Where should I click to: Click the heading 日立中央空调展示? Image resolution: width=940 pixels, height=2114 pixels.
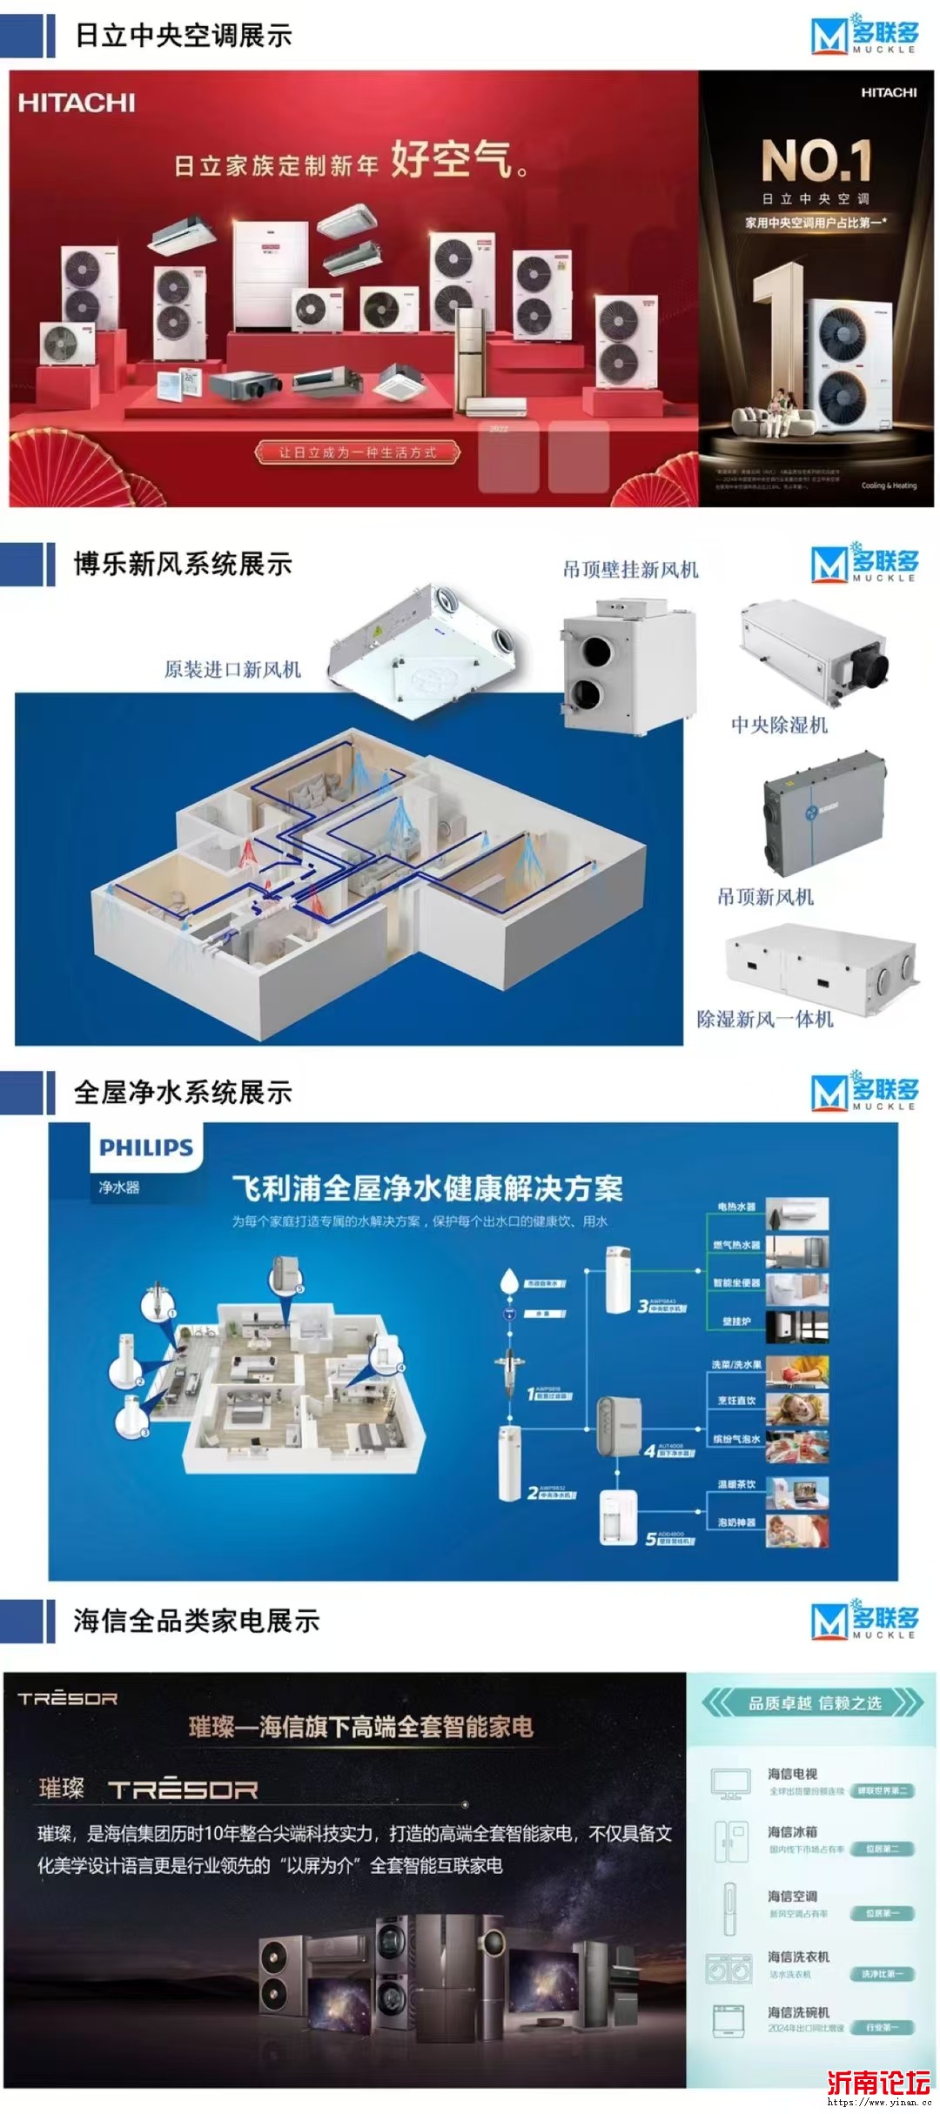click(x=183, y=35)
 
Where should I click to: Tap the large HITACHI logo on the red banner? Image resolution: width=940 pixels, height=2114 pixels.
click(x=77, y=103)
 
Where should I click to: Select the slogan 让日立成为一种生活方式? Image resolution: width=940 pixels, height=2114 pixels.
click(x=357, y=452)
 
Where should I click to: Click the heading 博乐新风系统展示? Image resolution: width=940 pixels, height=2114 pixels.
click(x=183, y=564)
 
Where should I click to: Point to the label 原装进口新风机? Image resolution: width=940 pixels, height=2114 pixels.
click(x=232, y=669)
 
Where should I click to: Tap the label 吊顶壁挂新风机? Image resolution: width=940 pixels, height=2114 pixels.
click(x=630, y=570)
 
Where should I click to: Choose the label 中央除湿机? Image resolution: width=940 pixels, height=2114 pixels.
click(x=779, y=725)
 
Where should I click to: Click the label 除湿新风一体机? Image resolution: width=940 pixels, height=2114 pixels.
click(x=765, y=1019)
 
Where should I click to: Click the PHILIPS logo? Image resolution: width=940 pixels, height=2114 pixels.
click(x=146, y=1147)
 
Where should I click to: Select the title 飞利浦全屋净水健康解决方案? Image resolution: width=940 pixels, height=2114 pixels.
click(x=427, y=1189)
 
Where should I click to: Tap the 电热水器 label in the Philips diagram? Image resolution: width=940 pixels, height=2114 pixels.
click(x=736, y=1208)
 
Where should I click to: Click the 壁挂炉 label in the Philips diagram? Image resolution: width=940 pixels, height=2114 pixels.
click(x=736, y=1321)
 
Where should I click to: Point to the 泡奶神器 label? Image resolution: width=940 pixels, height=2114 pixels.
click(x=736, y=1522)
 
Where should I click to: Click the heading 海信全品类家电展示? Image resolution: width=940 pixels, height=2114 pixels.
click(x=197, y=1621)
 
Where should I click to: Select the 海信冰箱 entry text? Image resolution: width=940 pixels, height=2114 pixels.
click(x=792, y=1830)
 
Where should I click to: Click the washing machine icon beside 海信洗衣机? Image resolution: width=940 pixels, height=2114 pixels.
click(x=728, y=1969)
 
